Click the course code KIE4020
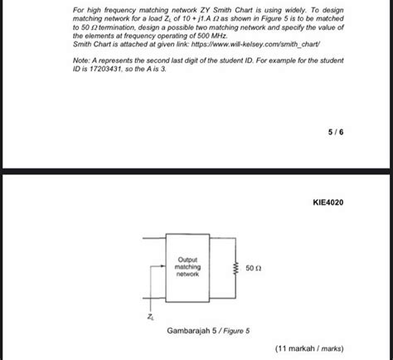pyautogui.click(x=328, y=202)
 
